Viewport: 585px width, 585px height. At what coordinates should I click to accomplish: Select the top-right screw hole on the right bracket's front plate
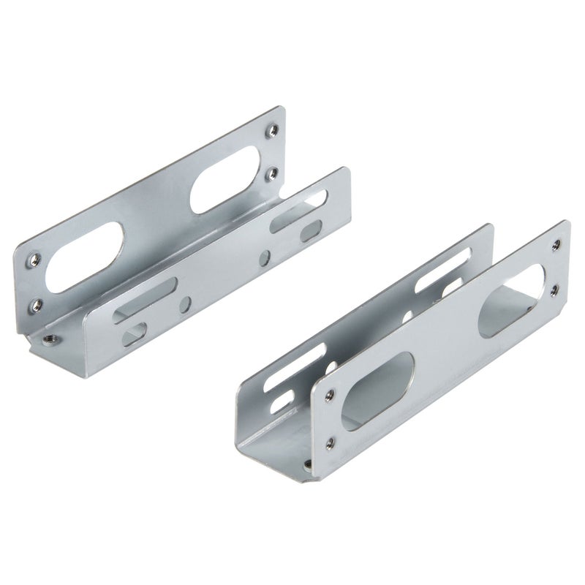[x=557, y=246]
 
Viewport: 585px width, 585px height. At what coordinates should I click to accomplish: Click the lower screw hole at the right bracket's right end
[x=554, y=290]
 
